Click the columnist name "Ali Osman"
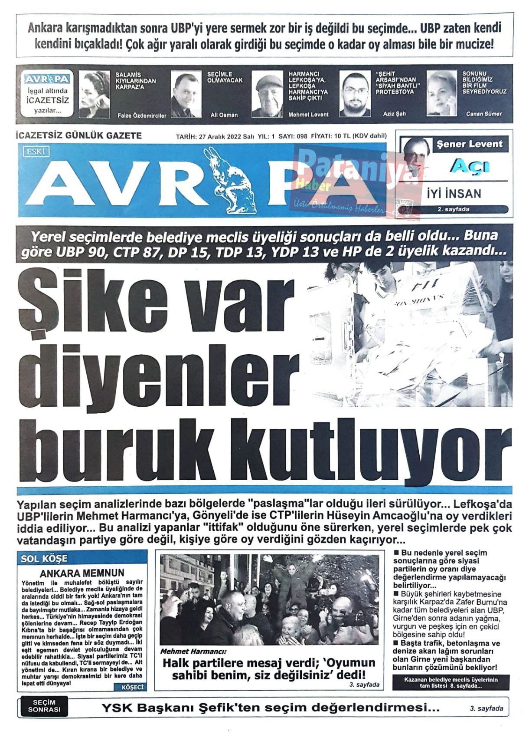224,115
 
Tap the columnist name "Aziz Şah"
394,114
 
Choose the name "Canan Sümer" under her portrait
483,114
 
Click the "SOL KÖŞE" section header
44,559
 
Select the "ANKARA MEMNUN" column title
82,573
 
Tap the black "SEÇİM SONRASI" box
44,707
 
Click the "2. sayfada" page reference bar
453,209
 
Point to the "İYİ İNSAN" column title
454,193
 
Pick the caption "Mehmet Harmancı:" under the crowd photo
193,652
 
